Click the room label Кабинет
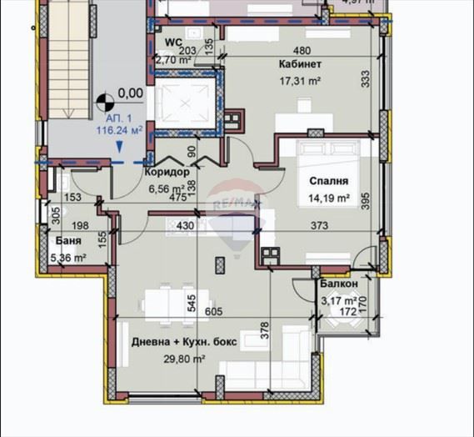[300, 64]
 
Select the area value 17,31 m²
[300, 81]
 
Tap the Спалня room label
[328, 181]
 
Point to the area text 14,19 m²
[328, 198]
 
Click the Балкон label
[339, 284]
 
